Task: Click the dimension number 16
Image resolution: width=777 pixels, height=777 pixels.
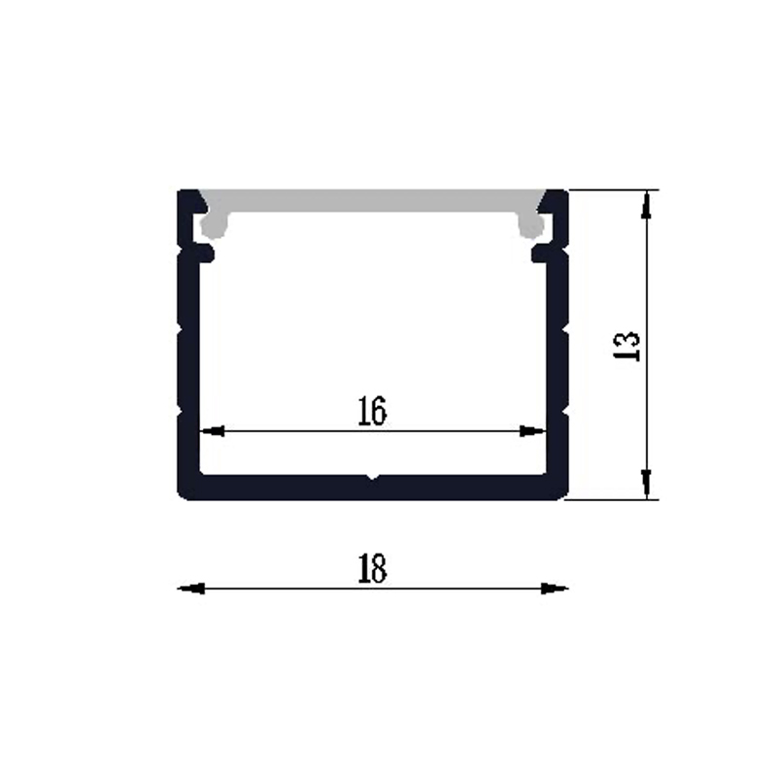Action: [x=371, y=412]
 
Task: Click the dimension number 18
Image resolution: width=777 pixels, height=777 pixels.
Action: [x=371, y=569]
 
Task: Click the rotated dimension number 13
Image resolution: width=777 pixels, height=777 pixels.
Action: [x=628, y=346]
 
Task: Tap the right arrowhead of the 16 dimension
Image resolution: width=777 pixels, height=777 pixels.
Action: [x=533, y=430]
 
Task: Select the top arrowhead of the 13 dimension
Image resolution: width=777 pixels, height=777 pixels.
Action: [x=647, y=204]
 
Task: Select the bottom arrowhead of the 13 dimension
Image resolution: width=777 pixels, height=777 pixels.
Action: [x=647, y=483]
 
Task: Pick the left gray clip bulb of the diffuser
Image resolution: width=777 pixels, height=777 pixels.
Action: [x=211, y=226]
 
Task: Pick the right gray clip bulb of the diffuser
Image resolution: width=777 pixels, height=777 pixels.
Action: [x=531, y=226]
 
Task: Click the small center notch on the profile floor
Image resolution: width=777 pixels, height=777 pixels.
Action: [x=371, y=477]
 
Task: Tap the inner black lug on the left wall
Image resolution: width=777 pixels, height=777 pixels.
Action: [x=205, y=253]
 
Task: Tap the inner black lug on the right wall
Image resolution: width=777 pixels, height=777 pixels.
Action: [x=539, y=253]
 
